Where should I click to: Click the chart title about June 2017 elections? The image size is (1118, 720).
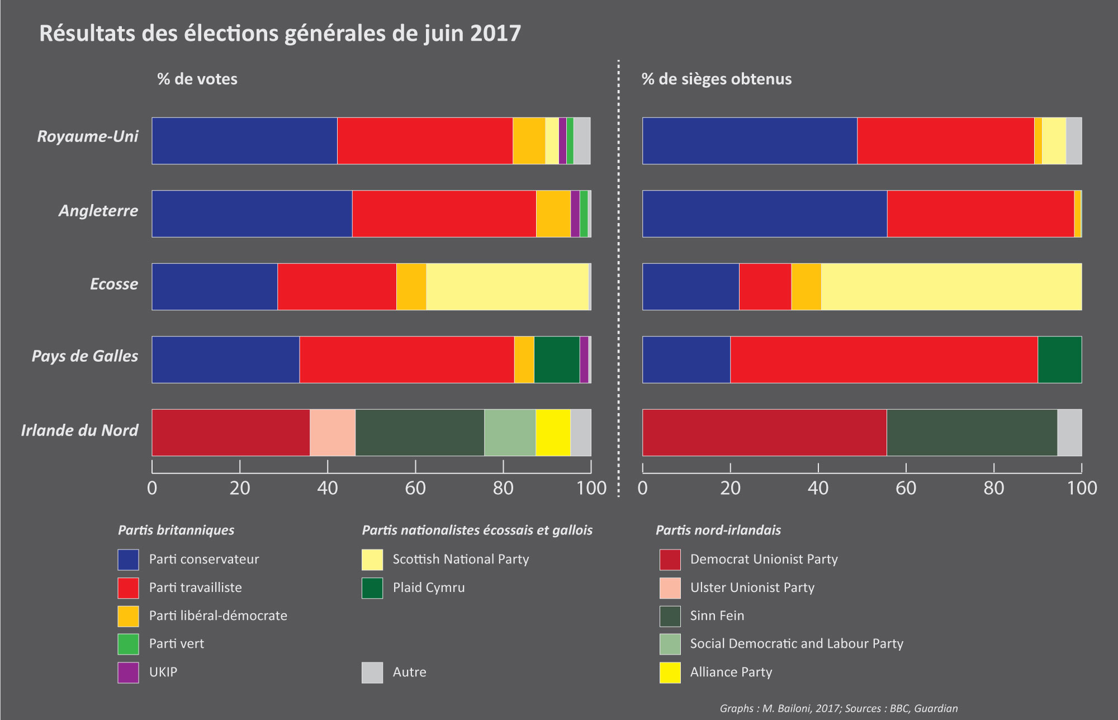[279, 34]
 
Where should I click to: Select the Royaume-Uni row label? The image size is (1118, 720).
[88, 136]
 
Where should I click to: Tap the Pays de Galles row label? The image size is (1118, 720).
[85, 356]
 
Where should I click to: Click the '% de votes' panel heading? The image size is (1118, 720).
[197, 79]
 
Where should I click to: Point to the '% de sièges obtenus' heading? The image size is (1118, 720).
[717, 79]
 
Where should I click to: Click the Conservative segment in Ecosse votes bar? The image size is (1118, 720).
[215, 286]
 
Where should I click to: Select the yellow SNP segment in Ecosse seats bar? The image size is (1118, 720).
[951, 286]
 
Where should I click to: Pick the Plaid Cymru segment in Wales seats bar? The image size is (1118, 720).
[1059, 359]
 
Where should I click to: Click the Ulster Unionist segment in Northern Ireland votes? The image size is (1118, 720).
[333, 432]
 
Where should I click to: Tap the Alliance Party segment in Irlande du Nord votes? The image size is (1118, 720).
[553, 432]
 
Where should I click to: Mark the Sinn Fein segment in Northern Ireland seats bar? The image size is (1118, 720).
[972, 432]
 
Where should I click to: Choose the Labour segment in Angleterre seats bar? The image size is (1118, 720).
[980, 214]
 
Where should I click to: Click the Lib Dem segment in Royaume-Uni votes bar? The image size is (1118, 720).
[529, 141]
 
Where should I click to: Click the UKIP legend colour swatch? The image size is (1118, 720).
[128, 672]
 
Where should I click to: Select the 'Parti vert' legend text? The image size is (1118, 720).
[177, 644]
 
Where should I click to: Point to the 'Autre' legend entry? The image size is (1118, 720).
[409, 672]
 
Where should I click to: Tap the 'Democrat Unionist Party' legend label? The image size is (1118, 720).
[764, 560]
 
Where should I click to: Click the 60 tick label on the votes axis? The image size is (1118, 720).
[415, 489]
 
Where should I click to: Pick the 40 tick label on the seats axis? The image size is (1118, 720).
[818, 489]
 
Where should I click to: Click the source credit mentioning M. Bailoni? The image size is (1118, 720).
[839, 708]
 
